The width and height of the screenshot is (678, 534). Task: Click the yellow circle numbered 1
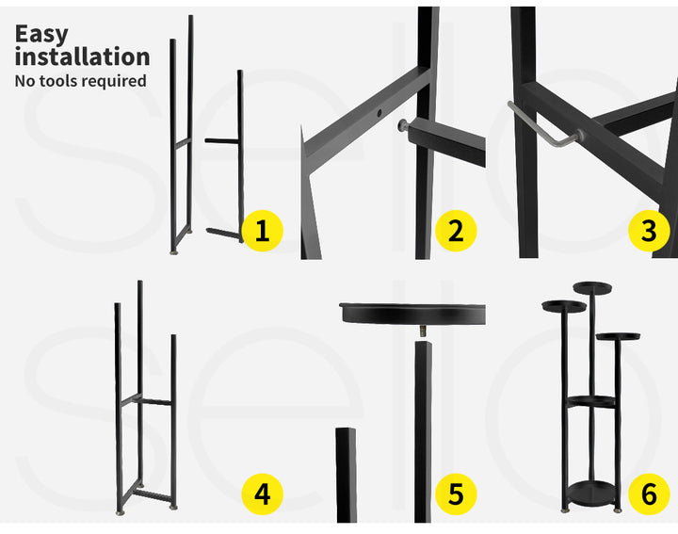coord(262,231)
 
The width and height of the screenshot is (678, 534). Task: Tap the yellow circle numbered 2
coord(456,231)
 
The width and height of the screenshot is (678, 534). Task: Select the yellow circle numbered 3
coord(649,231)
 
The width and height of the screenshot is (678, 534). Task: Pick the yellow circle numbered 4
coord(262,494)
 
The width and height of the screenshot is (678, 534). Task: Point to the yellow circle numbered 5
coord(456,494)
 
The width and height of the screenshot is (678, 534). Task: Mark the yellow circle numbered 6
coord(649,494)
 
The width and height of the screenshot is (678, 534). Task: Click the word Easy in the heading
coord(41,35)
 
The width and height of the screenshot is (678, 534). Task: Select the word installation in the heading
coord(82,57)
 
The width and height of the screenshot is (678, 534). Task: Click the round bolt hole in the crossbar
coord(379,113)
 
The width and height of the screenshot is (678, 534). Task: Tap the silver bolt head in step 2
coord(402,125)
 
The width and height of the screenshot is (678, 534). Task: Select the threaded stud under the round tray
coord(423,332)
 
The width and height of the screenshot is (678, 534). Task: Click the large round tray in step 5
coord(412,314)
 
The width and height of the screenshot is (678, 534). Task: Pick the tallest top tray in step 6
coord(592,287)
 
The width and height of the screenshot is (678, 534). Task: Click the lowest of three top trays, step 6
coord(618,336)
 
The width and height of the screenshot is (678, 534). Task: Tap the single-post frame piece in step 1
coord(225,155)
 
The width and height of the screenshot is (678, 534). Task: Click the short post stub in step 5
coord(346,475)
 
